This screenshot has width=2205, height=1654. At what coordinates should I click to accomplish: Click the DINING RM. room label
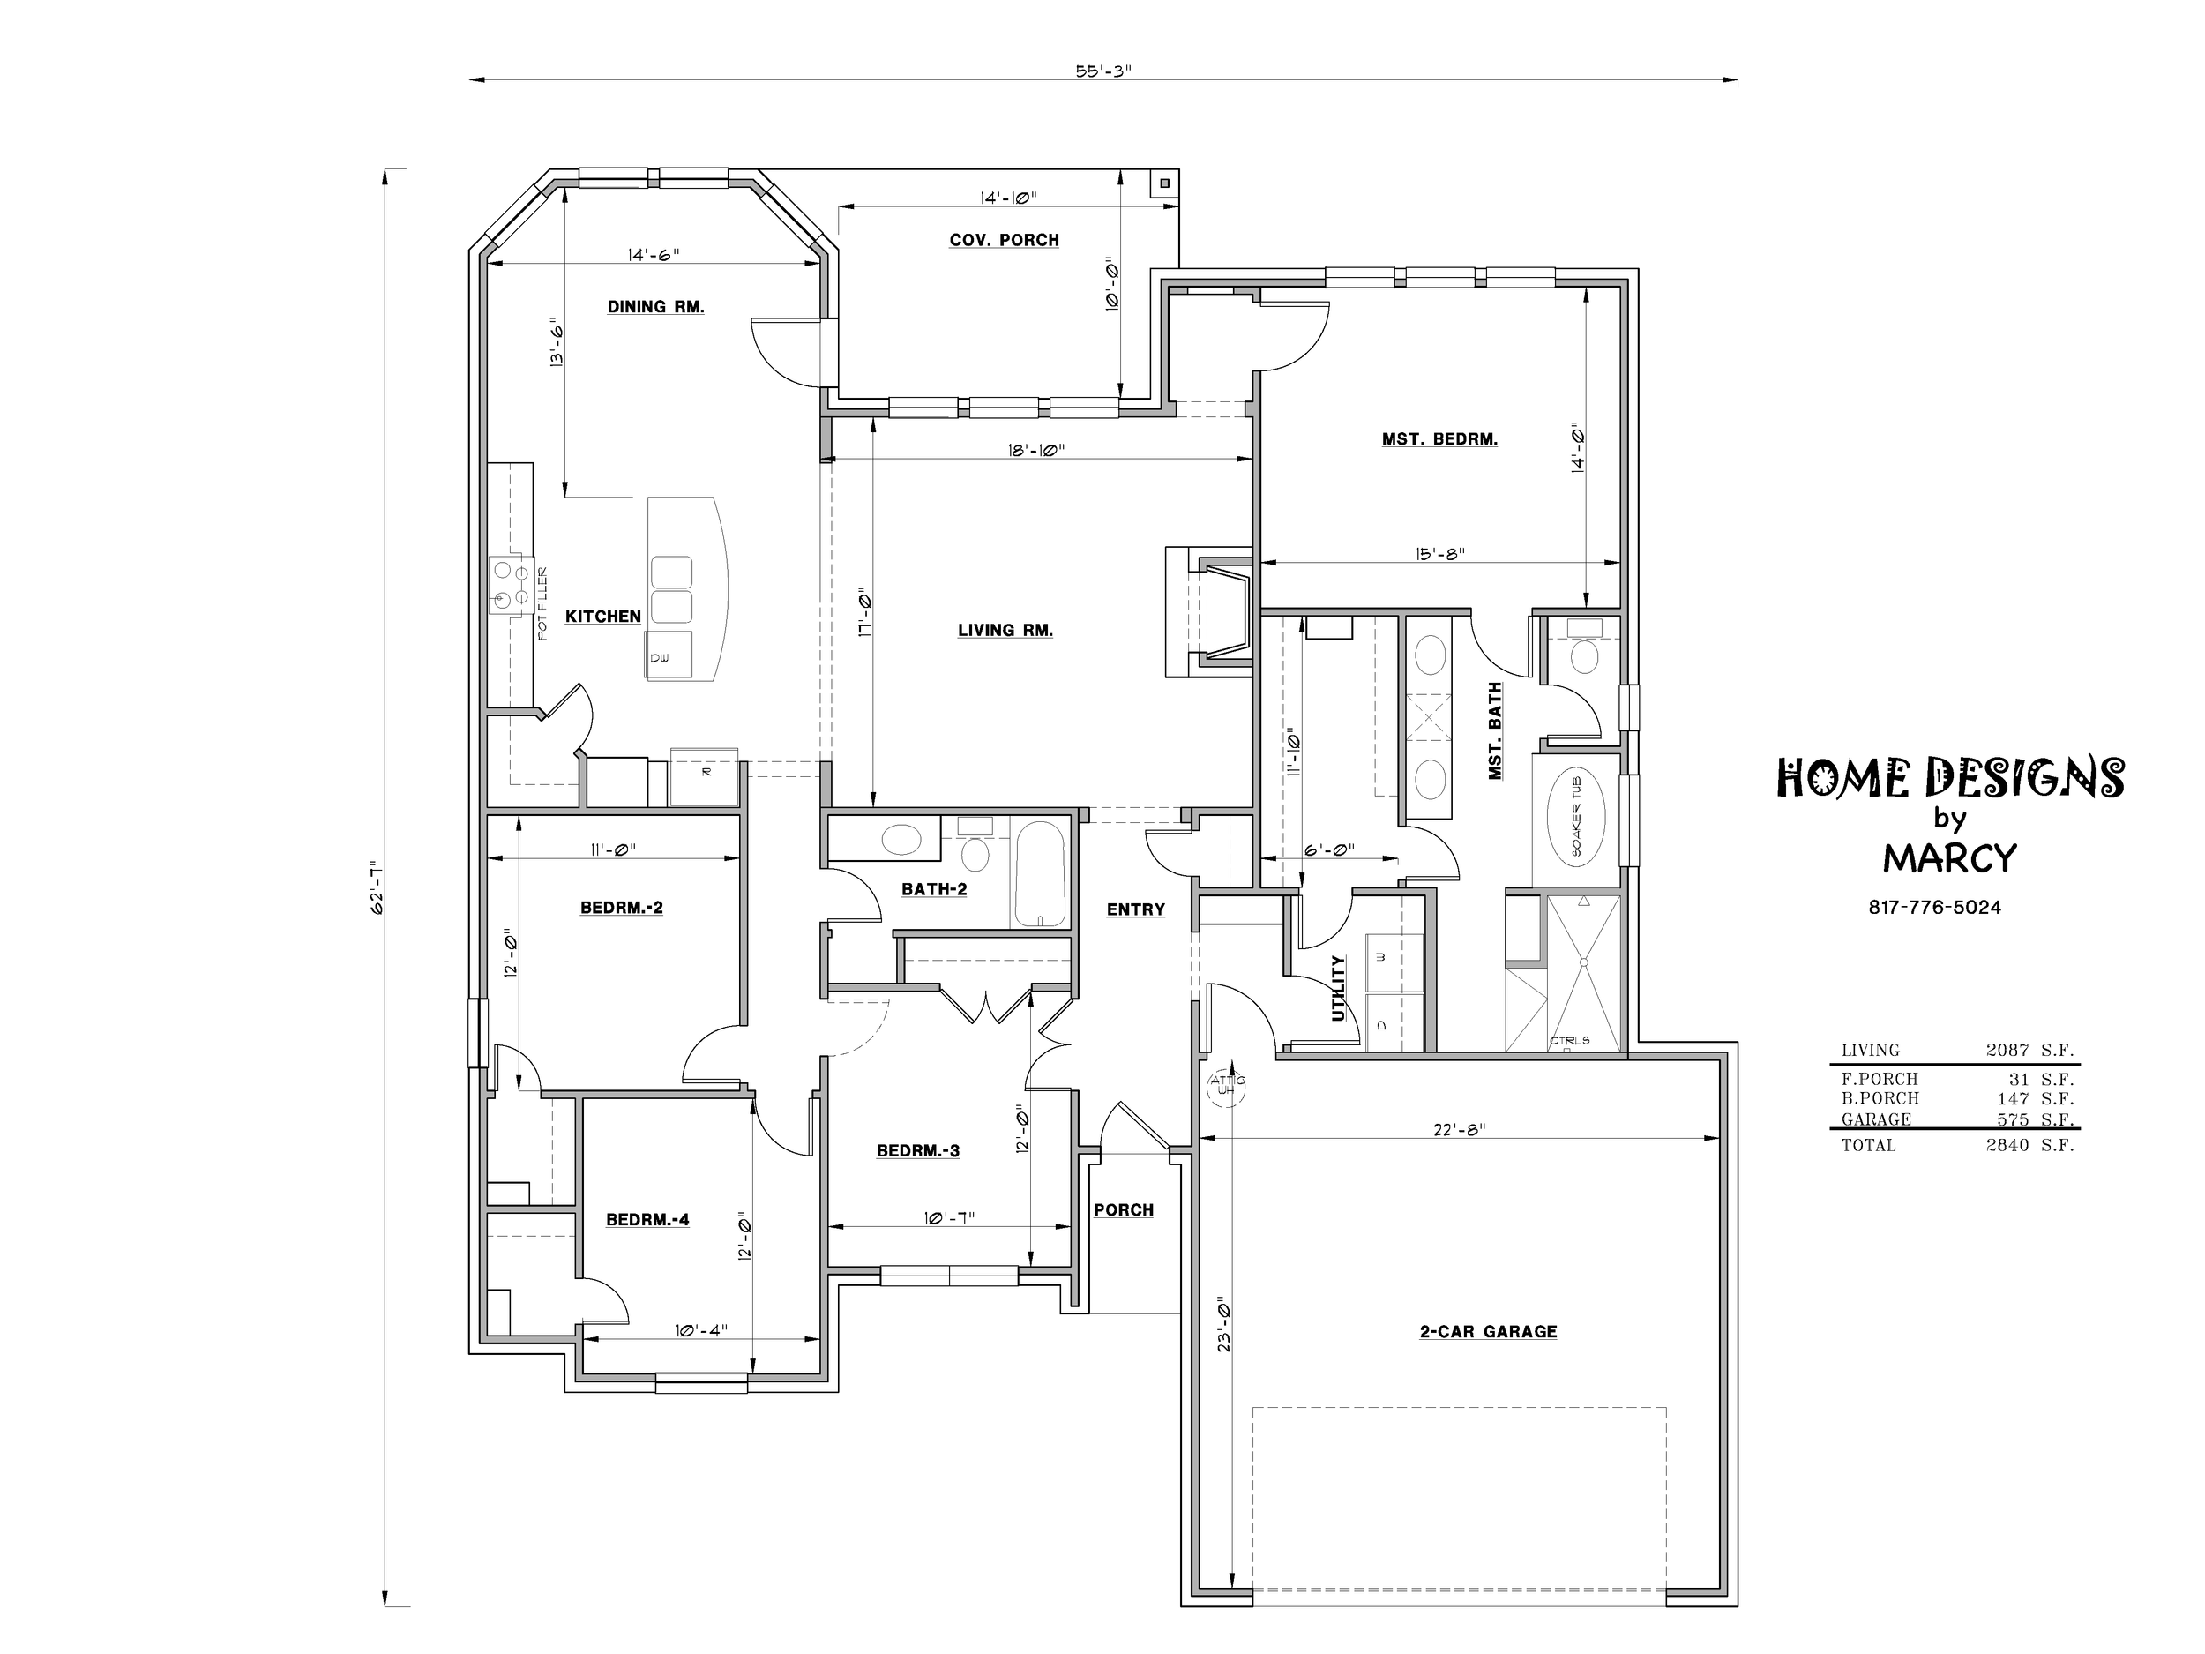coord(656,307)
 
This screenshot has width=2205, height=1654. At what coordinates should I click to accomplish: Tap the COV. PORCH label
coord(1004,240)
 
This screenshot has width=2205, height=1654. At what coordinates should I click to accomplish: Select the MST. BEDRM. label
coord(1439,438)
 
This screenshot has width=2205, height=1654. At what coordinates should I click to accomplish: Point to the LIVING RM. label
coord(1005,630)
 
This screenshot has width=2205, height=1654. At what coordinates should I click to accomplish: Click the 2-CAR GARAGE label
coord(1488,1331)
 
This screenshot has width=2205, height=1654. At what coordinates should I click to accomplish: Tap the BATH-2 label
coord(934,889)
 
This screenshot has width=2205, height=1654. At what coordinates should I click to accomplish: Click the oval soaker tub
coord(1576,818)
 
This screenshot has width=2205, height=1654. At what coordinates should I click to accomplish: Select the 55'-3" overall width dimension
coord(1103,71)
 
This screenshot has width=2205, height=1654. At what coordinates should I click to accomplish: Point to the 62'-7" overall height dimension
coord(377,887)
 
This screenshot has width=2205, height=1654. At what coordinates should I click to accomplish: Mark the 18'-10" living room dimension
coord(1036,450)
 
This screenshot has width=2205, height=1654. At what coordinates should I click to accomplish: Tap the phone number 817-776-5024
coord(1935,907)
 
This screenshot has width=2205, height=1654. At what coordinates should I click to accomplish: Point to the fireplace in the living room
coord(1209,612)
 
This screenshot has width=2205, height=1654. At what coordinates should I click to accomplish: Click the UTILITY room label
coord(1339,988)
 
